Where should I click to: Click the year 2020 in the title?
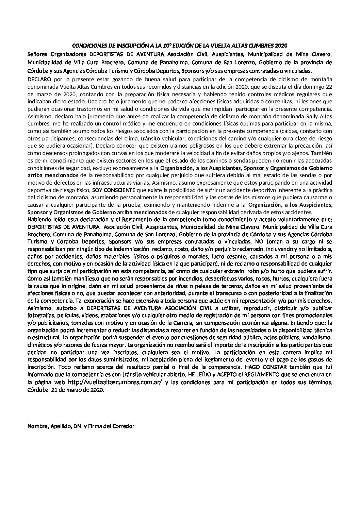[x=281, y=46]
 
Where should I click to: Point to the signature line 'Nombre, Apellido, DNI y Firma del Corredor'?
[x=81, y=426]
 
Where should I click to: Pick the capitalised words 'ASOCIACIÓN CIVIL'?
[x=197, y=308]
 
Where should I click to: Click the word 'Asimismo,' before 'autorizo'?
[x=39, y=308]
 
